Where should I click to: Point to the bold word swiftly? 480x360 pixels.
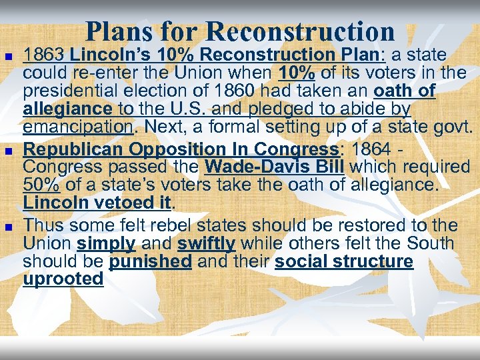206,244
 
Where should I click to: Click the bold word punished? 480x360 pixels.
150,261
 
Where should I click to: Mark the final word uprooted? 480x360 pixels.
63,279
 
